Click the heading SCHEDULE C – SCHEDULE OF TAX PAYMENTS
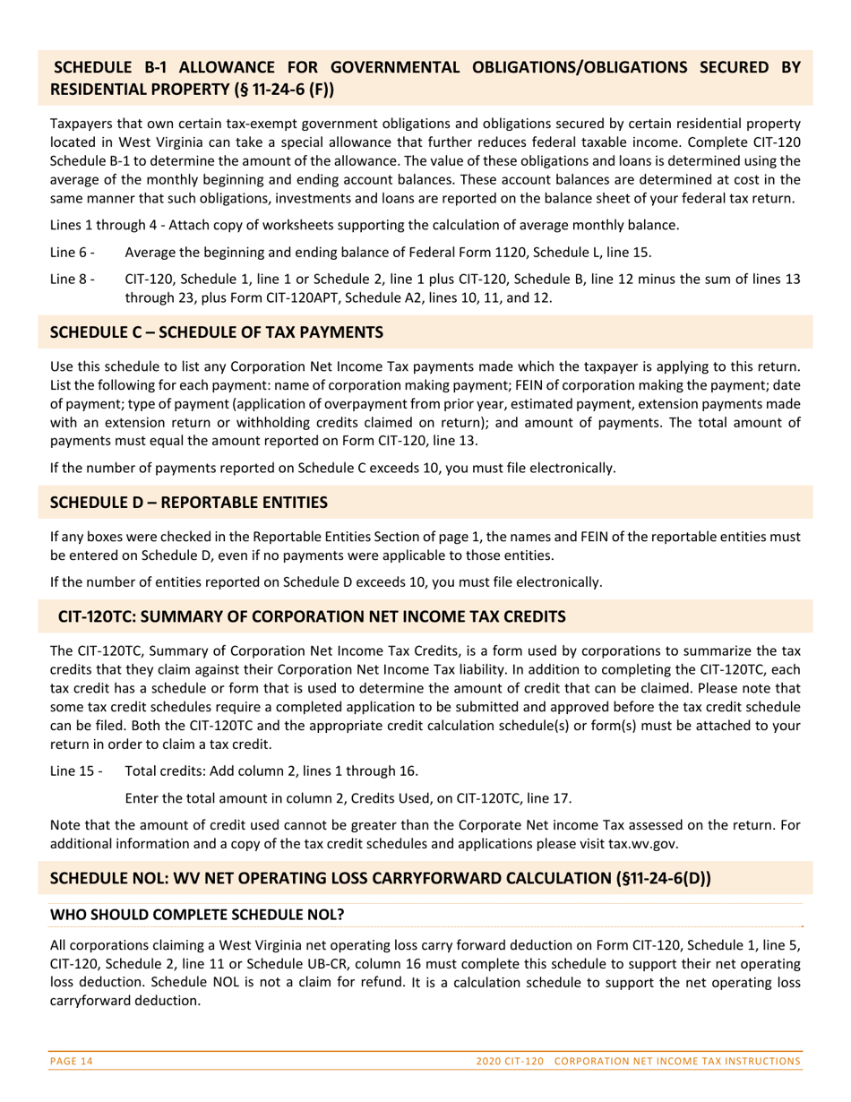[x=217, y=332]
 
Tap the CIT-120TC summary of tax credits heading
[x=312, y=616]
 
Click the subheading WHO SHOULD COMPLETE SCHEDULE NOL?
[x=197, y=915]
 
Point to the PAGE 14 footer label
[x=72, y=1061]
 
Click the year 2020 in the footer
[x=490, y=1061]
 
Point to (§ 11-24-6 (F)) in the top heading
[x=271, y=90]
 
